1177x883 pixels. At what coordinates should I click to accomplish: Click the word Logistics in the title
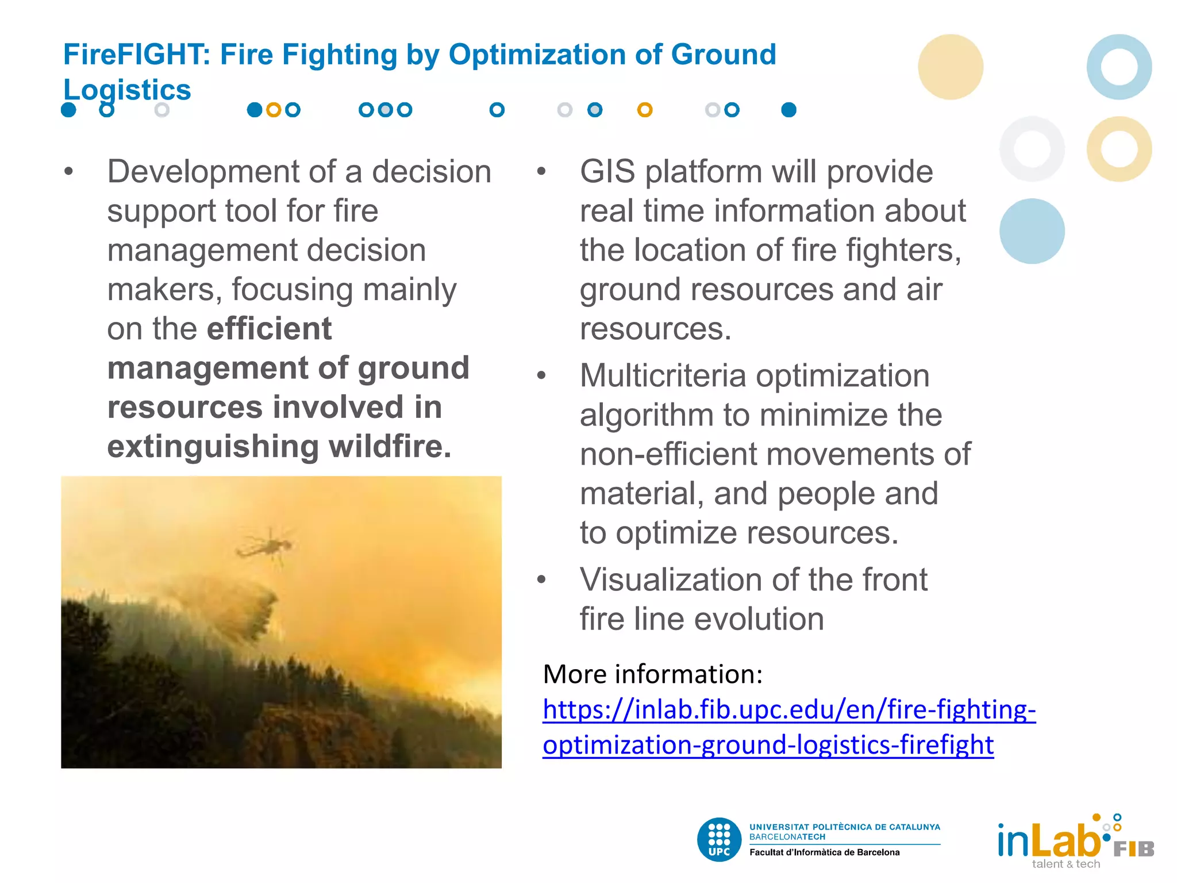(x=127, y=90)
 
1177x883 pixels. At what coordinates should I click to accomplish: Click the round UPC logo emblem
(x=719, y=839)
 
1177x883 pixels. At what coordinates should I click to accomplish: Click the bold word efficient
(x=269, y=329)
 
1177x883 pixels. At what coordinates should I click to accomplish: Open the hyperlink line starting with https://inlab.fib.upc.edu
(x=788, y=709)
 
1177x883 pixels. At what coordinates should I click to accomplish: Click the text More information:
(x=652, y=674)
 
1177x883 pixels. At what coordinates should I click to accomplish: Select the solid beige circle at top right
(x=950, y=67)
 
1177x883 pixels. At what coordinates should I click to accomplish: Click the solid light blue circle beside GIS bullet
(x=1032, y=231)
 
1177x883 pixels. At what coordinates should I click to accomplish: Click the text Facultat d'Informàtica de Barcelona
(x=824, y=853)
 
